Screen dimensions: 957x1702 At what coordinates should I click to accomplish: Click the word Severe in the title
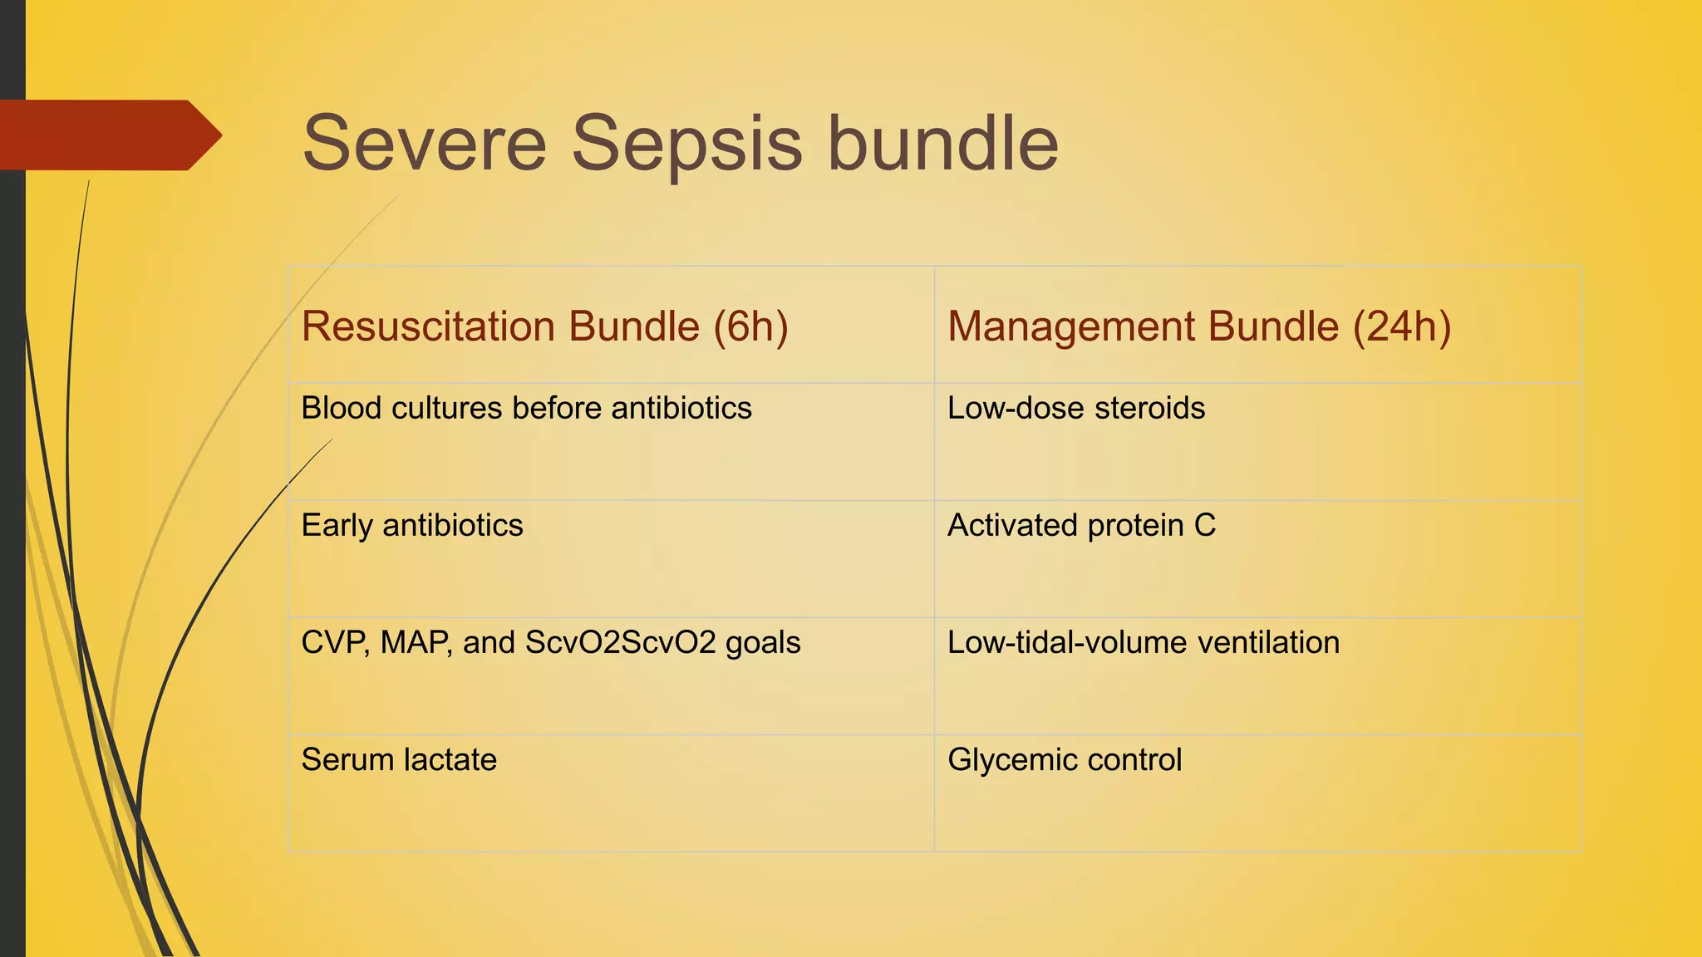click(424, 144)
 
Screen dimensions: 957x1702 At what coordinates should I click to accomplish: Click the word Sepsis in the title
click(687, 144)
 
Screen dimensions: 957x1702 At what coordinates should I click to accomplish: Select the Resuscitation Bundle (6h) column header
click(544, 326)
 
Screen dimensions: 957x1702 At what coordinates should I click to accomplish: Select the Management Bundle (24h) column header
click(1198, 326)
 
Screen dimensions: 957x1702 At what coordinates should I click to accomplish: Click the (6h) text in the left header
click(750, 326)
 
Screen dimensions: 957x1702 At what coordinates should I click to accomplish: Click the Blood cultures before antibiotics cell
click(526, 409)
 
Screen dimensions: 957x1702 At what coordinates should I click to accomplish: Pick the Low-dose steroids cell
click(1075, 409)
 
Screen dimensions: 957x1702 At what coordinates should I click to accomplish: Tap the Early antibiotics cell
click(412, 526)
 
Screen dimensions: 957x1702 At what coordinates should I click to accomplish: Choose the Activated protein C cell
click(1081, 526)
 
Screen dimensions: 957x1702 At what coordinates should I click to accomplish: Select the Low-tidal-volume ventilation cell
click(1143, 643)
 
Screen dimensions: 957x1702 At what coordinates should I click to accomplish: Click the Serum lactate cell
click(399, 760)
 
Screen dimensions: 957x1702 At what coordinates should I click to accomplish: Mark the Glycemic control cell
click(1064, 760)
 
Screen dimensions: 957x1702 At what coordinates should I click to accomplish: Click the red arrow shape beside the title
click(108, 135)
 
